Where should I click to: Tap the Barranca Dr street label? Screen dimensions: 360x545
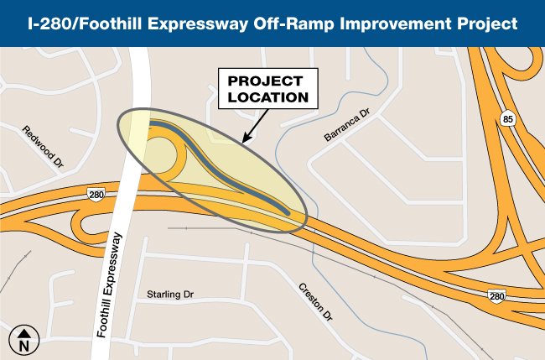click(x=345, y=125)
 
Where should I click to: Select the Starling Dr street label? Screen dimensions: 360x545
click(x=169, y=295)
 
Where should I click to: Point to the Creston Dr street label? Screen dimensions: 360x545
click(x=316, y=302)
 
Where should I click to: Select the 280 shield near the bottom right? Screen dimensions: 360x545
click(x=497, y=296)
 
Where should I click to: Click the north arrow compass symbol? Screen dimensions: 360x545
click(x=23, y=339)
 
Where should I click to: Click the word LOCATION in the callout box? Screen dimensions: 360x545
click(x=269, y=97)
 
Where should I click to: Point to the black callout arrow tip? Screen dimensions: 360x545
click(x=242, y=141)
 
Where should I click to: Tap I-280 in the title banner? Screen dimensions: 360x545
click(x=49, y=23)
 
